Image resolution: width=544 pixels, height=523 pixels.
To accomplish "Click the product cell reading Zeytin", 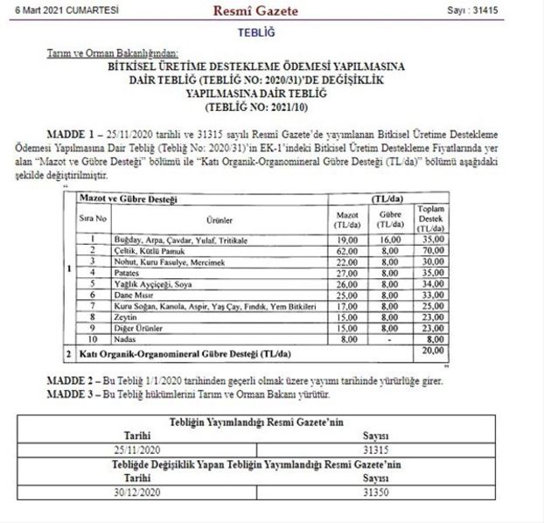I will (123, 317).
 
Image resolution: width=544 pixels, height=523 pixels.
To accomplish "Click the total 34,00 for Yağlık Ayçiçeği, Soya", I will (430, 283).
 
